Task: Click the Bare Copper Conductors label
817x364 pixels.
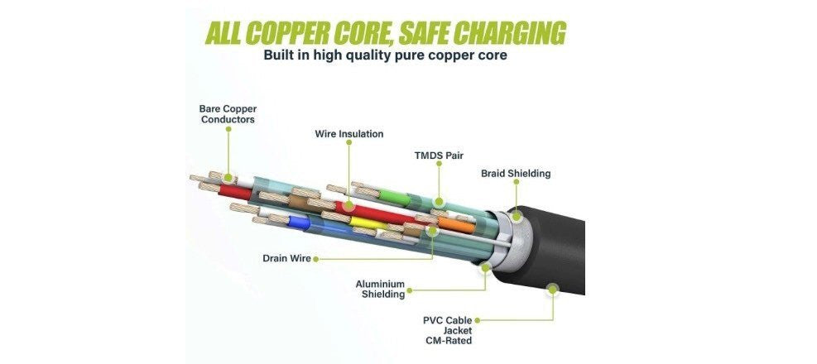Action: tap(228, 114)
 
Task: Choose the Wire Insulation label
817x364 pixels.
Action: tap(349, 134)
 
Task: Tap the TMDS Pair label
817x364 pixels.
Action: tap(439, 156)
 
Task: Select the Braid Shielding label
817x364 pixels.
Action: tap(516, 174)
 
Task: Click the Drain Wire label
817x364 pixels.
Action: tap(286, 258)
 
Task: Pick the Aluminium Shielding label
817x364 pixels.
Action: tap(381, 289)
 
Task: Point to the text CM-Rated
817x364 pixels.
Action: tap(448, 341)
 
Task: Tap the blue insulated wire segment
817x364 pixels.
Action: tap(299, 223)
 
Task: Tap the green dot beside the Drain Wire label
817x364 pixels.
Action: tap(315, 259)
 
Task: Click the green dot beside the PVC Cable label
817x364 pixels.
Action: tap(477, 321)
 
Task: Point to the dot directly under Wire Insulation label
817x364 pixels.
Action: tap(348, 142)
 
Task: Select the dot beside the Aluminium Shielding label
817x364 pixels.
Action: tap(410, 290)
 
